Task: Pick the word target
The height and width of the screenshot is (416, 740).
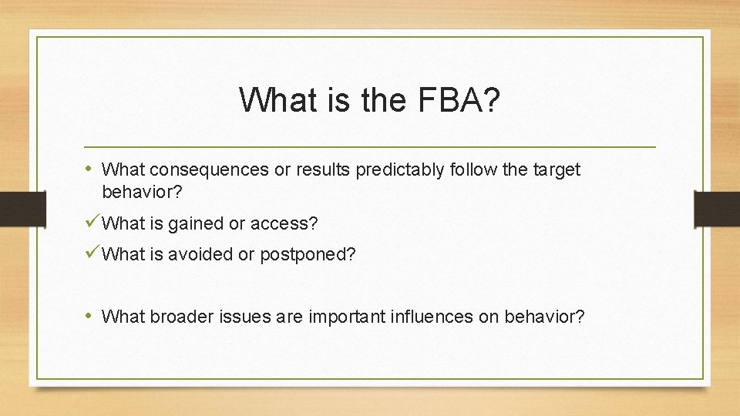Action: point(555,169)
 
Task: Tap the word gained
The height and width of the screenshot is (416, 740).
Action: point(195,223)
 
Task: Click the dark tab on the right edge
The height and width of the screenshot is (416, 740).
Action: point(716,209)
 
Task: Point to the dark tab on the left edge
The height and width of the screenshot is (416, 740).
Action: point(14,209)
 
